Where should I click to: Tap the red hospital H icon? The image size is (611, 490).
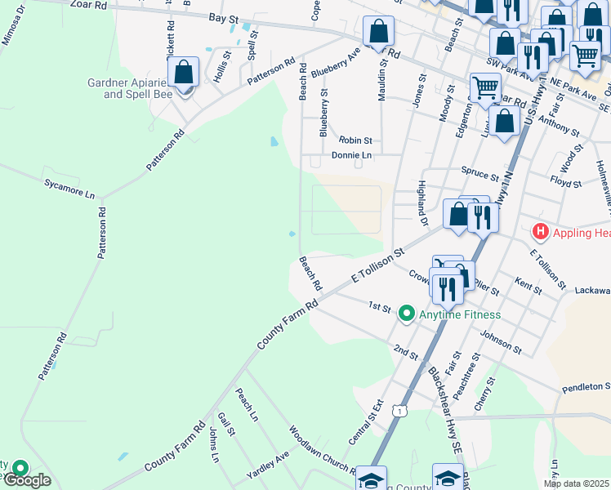tap(539, 232)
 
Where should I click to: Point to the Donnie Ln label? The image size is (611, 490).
tap(351, 154)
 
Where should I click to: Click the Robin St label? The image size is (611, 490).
tap(355, 140)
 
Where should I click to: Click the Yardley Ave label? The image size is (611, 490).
tap(269, 467)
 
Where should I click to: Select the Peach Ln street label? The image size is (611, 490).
tap(247, 405)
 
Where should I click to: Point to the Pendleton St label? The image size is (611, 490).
tap(586, 385)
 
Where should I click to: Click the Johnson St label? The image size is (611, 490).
tap(501, 341)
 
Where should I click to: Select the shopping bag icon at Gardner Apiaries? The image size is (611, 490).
tap(185, 72)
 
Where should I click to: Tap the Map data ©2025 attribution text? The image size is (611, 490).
tap(576, 483)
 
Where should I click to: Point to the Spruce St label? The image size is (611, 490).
tap(479, 176)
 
